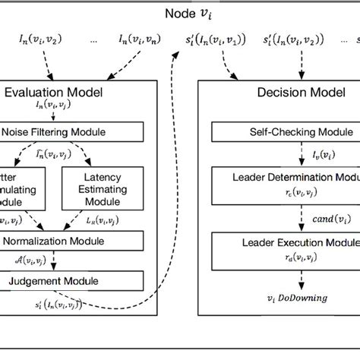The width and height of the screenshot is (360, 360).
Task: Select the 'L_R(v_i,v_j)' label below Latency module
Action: pos(112,219)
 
